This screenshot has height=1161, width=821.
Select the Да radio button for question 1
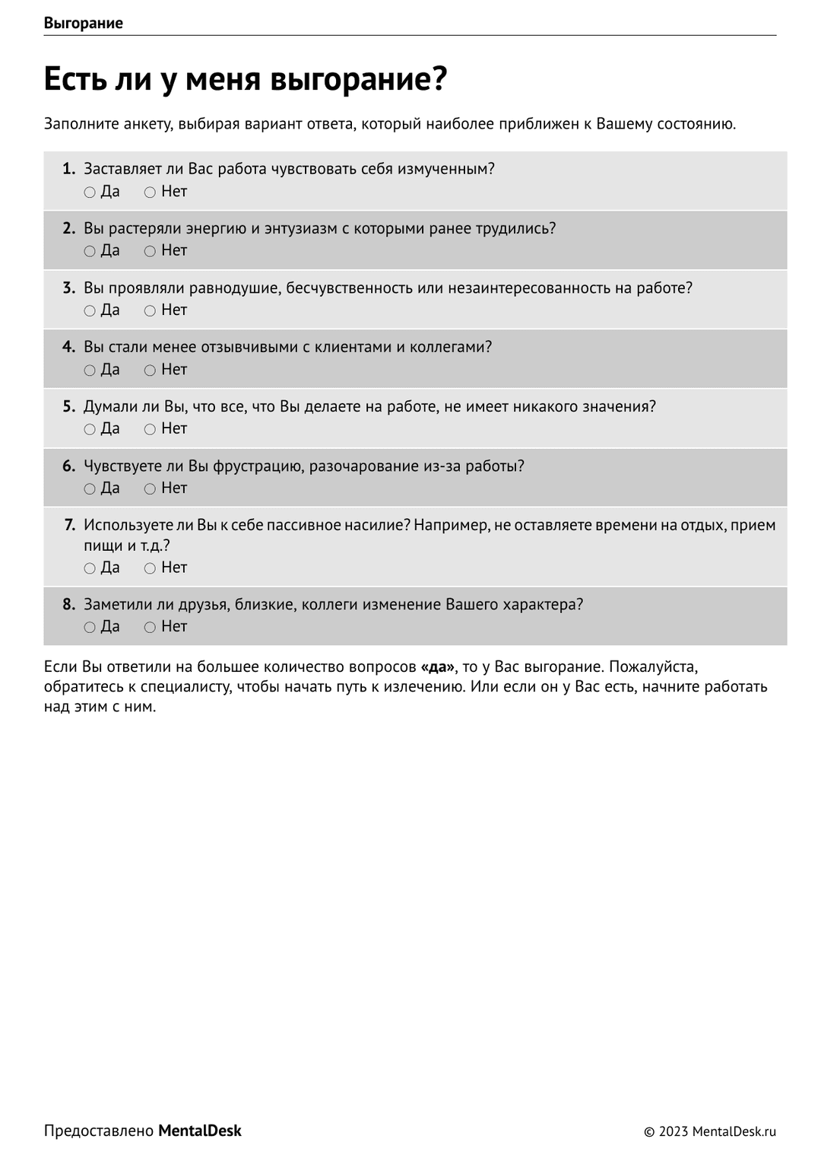90,192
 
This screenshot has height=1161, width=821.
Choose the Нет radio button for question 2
150,251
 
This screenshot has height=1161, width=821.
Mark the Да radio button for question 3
90,310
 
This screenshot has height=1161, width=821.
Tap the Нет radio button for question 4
150,371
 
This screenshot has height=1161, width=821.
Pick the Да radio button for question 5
90,430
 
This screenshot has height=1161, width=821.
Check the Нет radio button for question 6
150,489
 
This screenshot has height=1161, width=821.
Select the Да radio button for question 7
90,568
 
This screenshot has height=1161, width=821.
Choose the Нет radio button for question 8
150,628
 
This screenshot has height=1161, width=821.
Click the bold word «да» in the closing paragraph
437,667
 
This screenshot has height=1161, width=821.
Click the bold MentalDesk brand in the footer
200,1131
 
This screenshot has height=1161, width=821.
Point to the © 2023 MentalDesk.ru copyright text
710,1132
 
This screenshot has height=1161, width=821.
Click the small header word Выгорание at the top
83,23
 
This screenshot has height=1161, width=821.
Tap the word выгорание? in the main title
358,79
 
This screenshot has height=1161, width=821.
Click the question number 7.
69,525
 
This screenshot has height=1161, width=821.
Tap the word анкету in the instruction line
147,124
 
